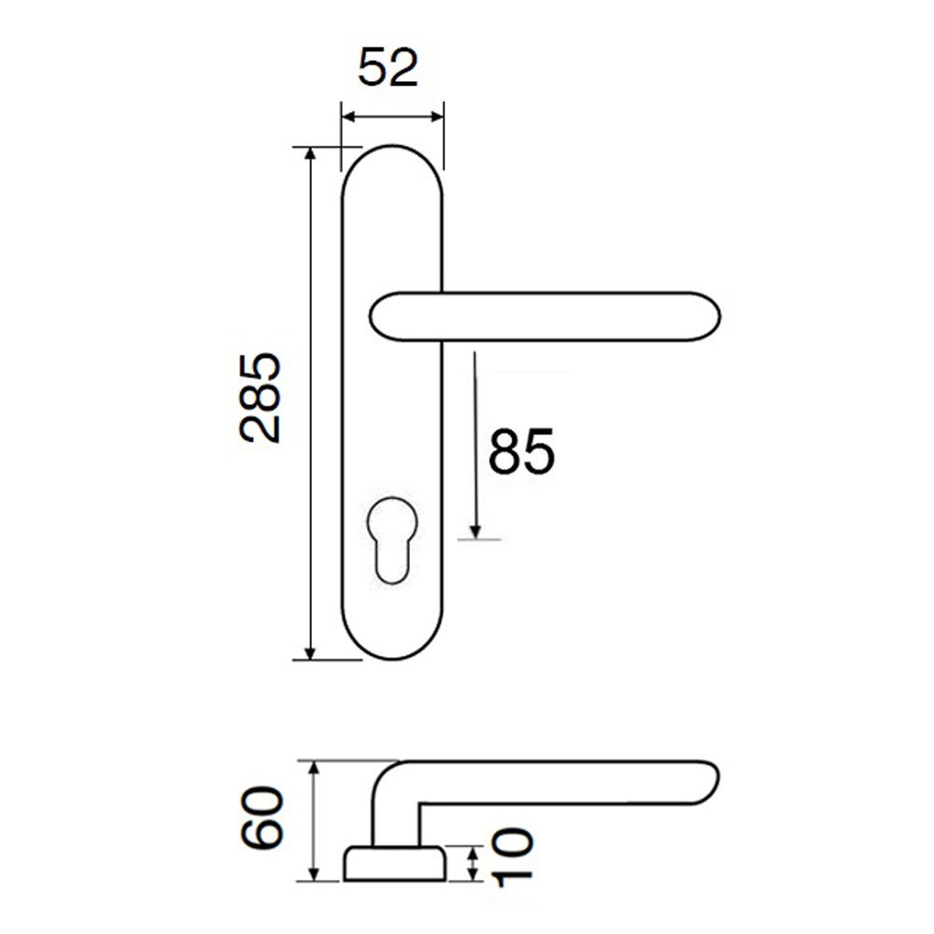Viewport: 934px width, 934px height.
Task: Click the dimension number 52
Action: point(388,67)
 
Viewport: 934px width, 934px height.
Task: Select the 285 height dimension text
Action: point(260,398)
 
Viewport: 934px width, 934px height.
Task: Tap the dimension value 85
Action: point(521,451)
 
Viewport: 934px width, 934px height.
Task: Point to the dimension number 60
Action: point(262,817)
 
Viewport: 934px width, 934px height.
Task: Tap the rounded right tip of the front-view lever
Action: point(715,317)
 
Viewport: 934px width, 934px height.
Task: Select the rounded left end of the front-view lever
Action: point(375,317)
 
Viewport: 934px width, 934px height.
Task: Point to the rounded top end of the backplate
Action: point(392,148)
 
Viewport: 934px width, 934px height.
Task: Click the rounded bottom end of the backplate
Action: point(392,658)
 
